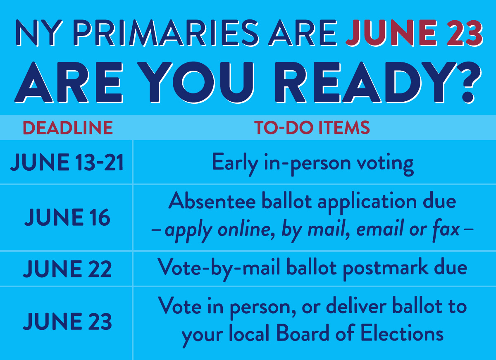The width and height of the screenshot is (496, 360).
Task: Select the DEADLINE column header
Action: tap(67, 128)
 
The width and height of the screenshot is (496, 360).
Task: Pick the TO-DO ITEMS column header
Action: tap(312, 128)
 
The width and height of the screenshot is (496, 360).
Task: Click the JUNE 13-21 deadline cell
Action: tap(67, 162)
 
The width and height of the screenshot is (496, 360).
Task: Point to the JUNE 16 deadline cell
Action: tap(67, 217)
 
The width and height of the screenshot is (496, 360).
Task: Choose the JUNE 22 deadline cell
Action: tap(67, 269)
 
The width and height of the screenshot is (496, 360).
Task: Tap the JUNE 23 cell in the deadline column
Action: tap(67, 322)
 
